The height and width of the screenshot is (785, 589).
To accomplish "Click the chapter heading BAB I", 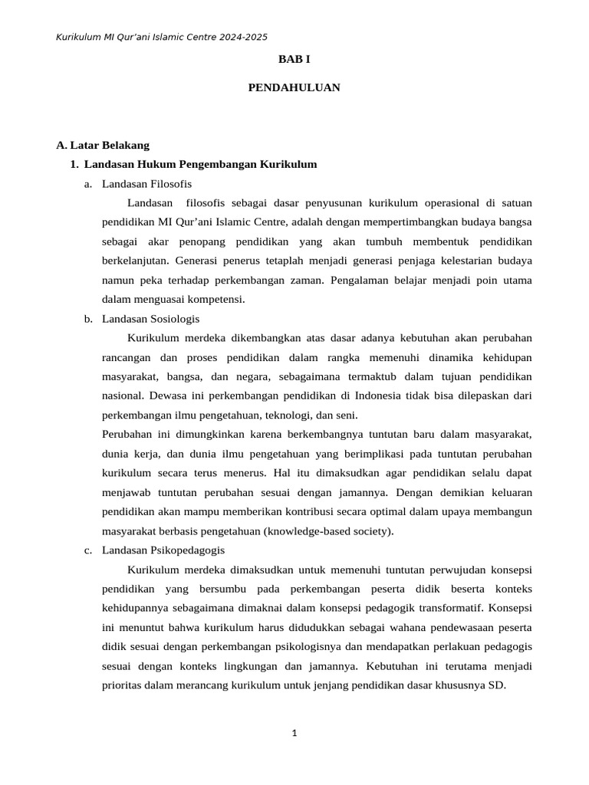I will point(294,59).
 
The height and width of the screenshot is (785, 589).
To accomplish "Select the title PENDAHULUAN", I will point(294,88).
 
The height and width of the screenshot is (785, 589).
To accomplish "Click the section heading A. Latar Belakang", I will point(103,145).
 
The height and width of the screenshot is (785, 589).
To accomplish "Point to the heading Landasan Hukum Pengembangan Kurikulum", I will point(200,164).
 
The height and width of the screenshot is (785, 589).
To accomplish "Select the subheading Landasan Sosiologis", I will point(150,319).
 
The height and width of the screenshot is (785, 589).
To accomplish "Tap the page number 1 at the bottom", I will point(294,734).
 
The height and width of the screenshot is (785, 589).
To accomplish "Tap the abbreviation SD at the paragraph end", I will point(496,685).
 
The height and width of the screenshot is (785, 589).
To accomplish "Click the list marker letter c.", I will point(88,550).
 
